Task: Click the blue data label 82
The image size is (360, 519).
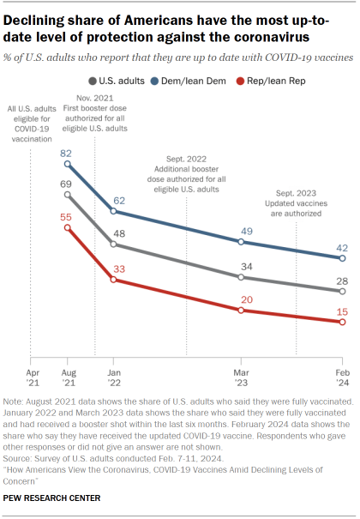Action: (x=66, y=152)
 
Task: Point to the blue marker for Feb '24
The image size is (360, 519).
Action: (x=342, y=256)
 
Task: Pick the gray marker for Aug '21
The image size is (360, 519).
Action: (x=67, y=195)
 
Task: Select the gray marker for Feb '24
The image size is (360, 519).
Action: (x=342, y=292)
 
